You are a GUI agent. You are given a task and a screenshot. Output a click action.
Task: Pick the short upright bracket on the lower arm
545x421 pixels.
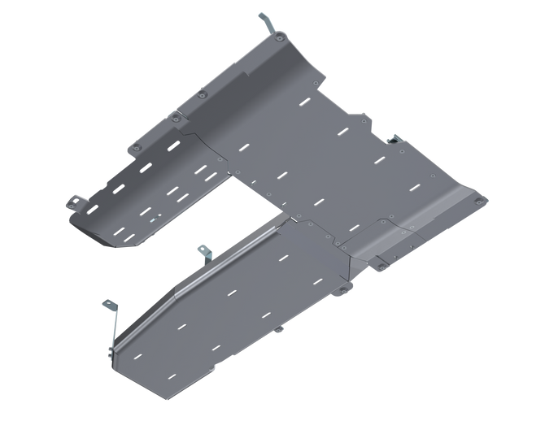pos(203,253)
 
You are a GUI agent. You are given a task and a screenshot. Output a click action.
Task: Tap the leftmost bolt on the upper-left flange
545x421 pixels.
pos(134,146)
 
